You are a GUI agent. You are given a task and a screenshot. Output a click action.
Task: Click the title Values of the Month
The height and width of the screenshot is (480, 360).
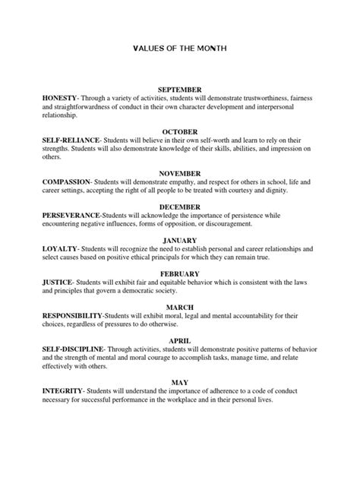click(179, 48)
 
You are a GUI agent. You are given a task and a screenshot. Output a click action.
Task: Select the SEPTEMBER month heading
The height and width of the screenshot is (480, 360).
click(179, 90)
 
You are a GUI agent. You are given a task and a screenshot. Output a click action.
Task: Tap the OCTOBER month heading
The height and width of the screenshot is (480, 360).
click(179, 131)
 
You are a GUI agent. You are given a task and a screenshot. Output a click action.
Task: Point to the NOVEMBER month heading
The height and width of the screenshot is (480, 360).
click(179, 173)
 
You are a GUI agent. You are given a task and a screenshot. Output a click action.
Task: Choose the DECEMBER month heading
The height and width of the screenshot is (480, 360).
click(179, 206)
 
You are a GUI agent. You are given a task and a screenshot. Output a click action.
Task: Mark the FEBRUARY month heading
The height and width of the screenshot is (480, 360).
click(179, 273)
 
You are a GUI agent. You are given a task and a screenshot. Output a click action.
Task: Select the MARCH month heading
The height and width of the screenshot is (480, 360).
click(179, 307)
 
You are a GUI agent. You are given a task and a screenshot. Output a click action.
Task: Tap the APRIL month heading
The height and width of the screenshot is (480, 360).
click(179, 341)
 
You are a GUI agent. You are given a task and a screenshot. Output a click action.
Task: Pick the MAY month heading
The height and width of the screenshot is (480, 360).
click(179, 384)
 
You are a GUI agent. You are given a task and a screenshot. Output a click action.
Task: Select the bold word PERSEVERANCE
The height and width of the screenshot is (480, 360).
click(78, 215)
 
